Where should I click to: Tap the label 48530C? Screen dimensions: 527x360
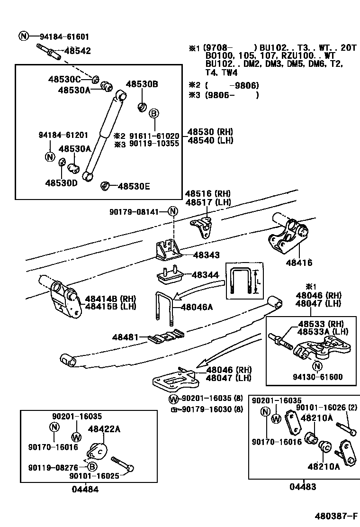point(64,79)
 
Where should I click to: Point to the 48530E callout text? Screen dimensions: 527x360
point(134,186)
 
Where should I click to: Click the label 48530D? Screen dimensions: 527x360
point(61,182)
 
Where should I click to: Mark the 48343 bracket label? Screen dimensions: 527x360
point(206,255)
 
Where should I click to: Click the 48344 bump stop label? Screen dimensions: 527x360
point(205,274)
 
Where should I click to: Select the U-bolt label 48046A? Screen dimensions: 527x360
point(197,307)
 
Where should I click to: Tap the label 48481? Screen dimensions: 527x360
point(125,337)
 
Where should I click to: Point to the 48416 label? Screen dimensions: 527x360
point(299,263)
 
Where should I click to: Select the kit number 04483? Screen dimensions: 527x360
point(303,487)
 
